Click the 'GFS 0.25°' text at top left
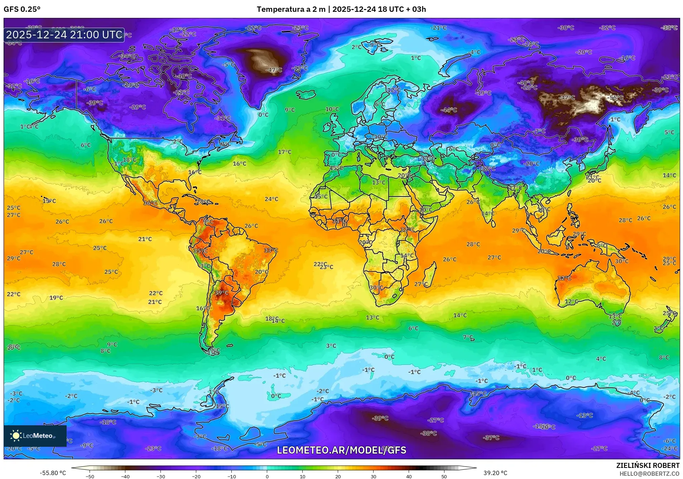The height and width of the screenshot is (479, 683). point(22,9)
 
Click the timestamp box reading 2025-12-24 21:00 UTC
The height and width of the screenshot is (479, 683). point(64,35)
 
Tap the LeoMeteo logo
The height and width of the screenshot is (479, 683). point(35,436)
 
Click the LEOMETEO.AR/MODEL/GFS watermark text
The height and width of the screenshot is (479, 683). point(341,450)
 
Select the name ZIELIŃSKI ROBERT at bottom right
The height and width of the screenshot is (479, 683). point(648,465)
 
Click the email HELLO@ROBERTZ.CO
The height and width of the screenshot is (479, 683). point(649,474)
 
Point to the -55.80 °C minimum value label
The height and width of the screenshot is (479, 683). point(53,473)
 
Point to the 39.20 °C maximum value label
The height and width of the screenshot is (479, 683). point(495,473)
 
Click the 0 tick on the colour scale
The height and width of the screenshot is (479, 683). point(267,476)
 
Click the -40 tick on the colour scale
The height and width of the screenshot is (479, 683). point(125,476)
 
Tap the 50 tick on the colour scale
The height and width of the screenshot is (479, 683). point(444,476)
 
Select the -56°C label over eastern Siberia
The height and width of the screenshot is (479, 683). point(616,98)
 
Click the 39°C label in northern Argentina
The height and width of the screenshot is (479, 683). point(221,292)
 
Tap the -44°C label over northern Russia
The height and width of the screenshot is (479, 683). point(449,110)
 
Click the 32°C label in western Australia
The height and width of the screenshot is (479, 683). point(564,278)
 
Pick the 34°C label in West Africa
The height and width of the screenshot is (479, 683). point(339,221)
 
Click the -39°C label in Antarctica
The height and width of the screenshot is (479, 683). point(380,418)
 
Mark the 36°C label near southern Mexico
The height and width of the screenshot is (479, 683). point(150,203)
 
